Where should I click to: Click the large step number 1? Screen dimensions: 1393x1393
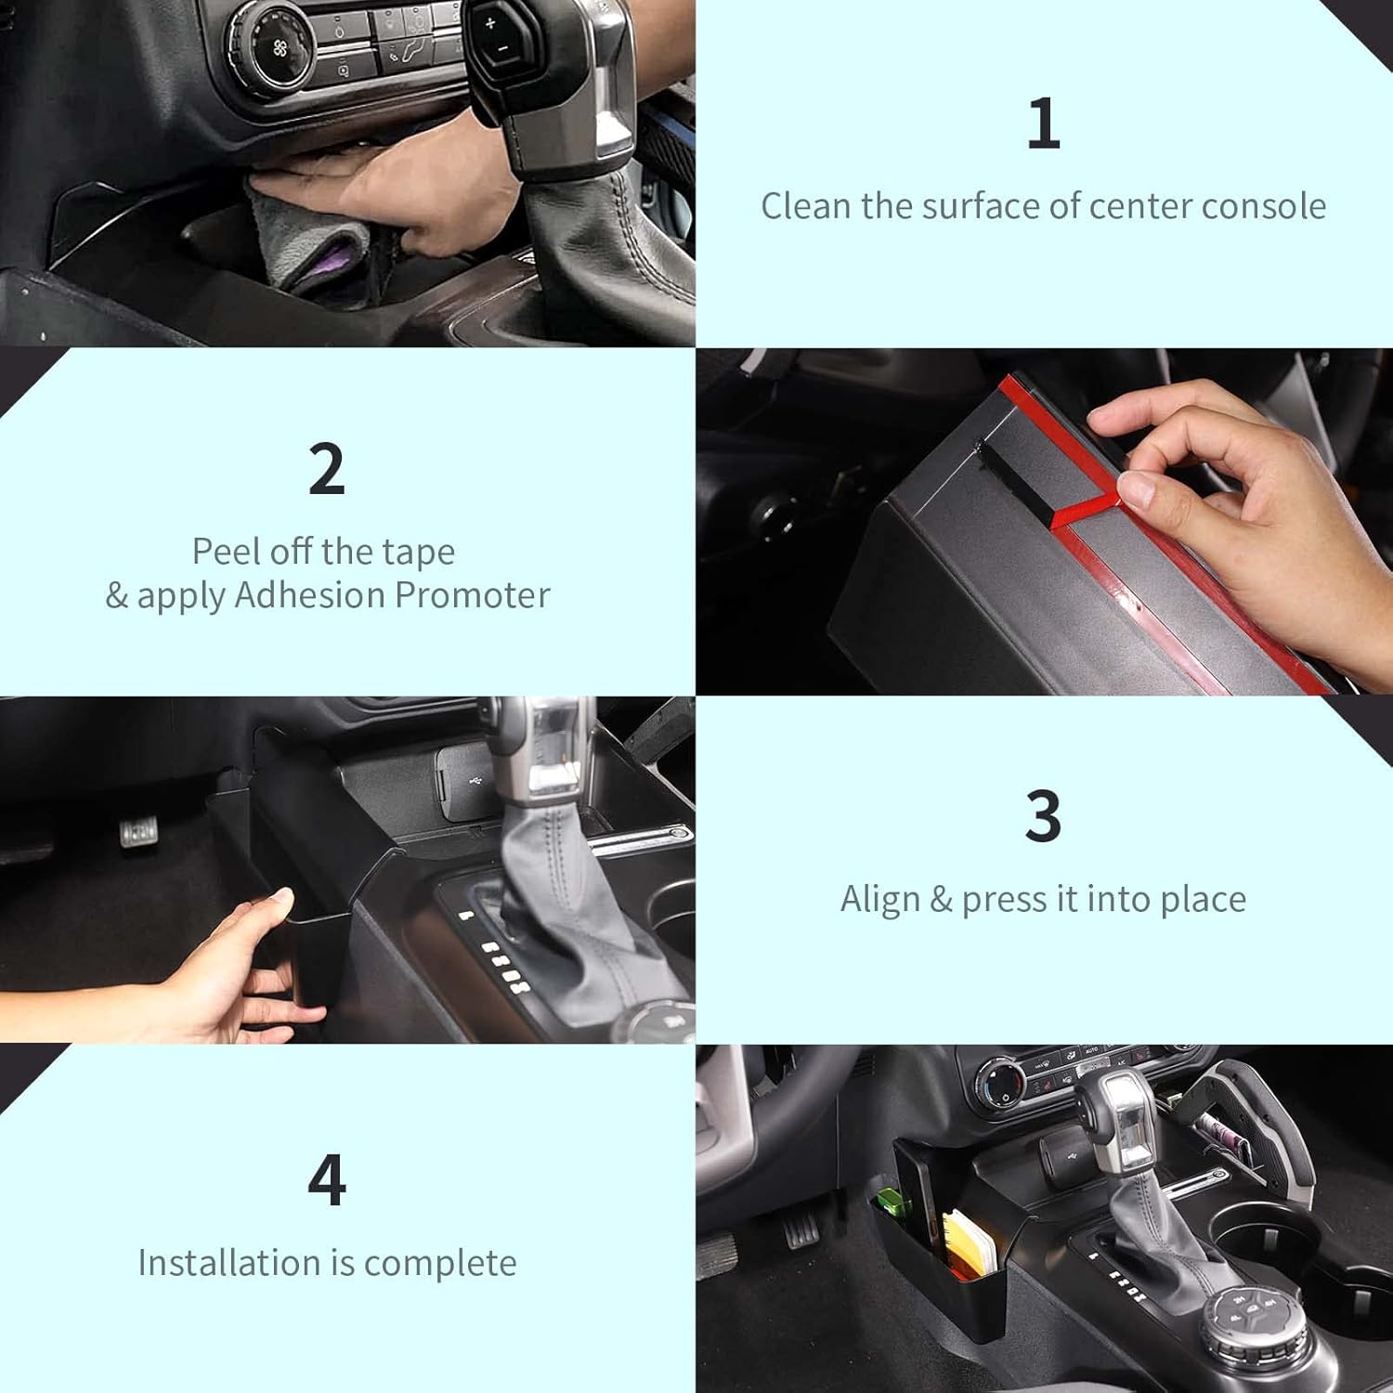point(1044,124)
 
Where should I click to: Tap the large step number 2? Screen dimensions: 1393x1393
point(327,469)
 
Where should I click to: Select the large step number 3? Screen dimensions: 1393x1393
point(1044,816)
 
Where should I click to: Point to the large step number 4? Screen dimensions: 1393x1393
point(327,1179)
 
